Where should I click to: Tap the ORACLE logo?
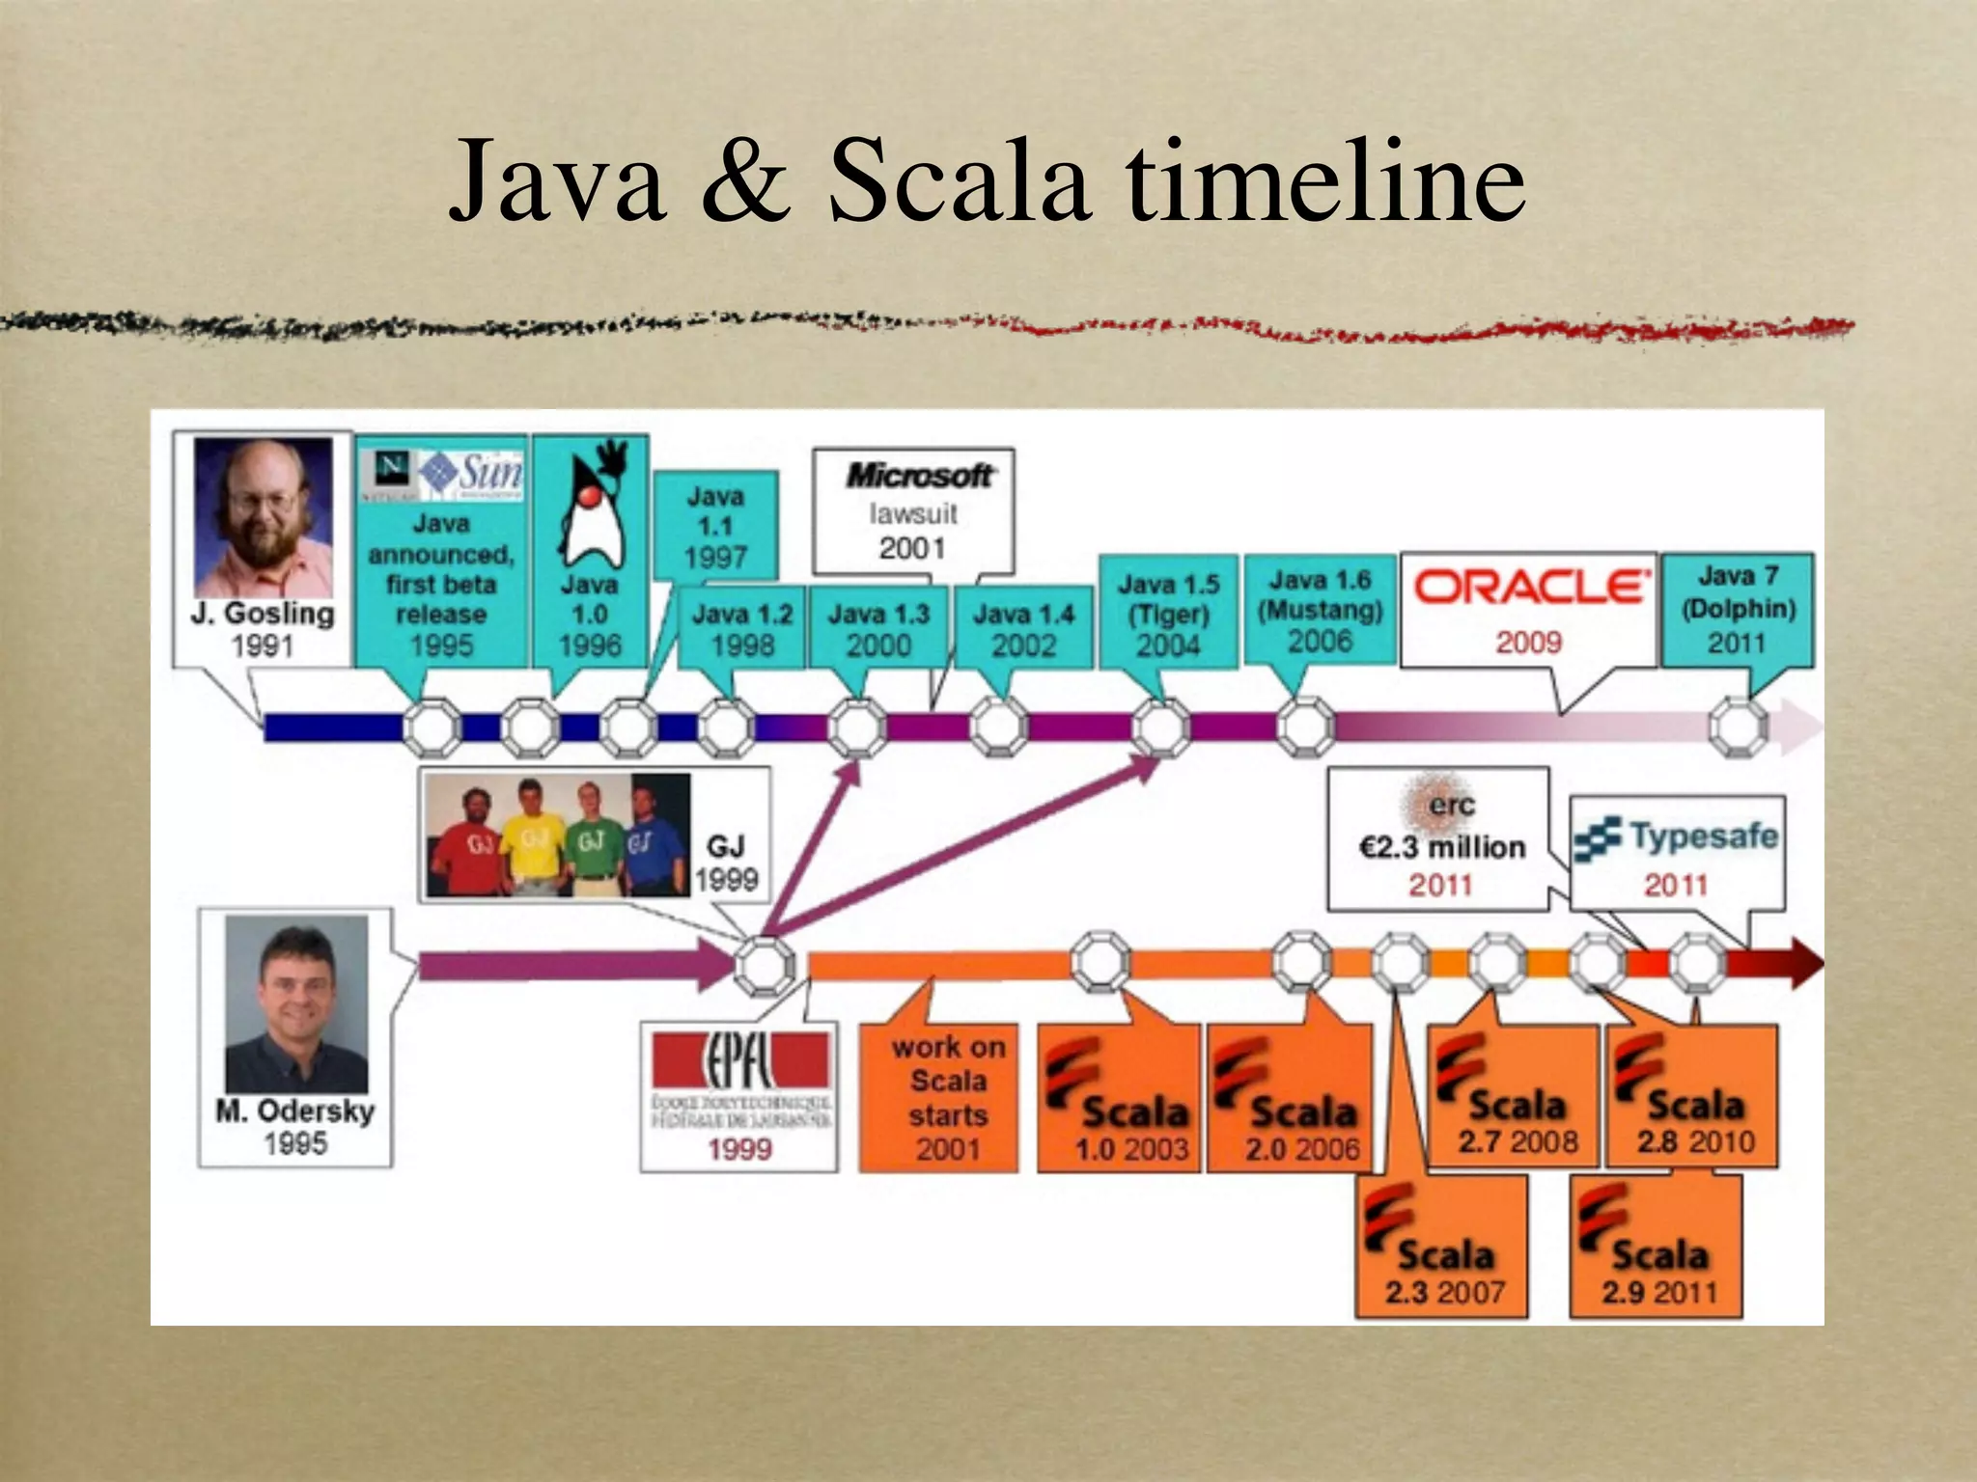1531,587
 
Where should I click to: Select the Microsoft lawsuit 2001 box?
912,511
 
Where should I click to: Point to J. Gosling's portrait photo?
264,516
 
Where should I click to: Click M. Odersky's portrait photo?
296,1003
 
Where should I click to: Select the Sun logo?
473,473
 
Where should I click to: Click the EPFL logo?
739,1061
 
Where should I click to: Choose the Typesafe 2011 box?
1677,855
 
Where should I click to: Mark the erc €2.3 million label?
1441,846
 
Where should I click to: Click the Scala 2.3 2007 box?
1442,1247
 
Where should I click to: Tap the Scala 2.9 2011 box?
1657,1247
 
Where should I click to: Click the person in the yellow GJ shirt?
529,835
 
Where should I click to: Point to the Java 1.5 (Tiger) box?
1168,614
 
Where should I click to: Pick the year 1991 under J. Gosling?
262,645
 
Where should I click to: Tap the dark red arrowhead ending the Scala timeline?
1801,962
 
